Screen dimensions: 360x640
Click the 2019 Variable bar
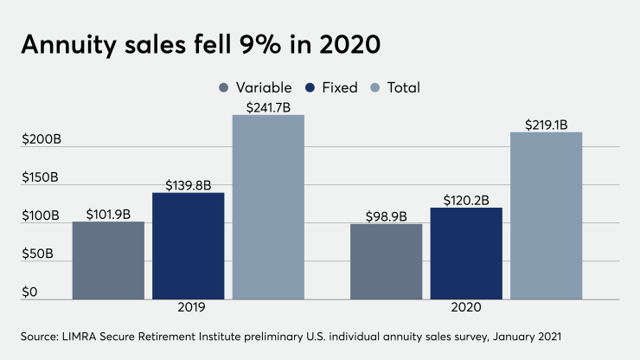108,260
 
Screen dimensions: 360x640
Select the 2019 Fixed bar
188,246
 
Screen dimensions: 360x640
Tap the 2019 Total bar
268,207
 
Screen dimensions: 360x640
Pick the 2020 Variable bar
387,261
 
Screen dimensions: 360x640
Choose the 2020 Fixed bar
466,253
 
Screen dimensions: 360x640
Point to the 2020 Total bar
546,215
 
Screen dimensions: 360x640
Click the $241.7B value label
268,105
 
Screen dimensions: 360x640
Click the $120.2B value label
466,198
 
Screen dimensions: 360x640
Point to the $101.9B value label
108,212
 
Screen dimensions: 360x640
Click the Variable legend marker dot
225,87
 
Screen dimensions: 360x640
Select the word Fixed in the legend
339,87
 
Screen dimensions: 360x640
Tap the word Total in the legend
403,87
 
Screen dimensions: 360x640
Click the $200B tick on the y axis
40,140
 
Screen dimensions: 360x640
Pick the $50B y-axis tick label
37,254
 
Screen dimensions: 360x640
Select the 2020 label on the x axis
466,308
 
